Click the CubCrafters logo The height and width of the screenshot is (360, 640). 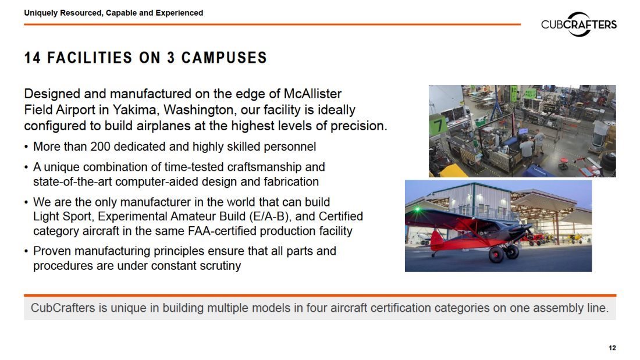pyautogui.click(x=579, y=24)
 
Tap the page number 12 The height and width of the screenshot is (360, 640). pyautogui.click(x=612, y=348)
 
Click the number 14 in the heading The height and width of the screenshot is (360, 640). pyautogui.click(x=32, y=58)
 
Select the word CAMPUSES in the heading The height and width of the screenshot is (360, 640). pyautogui.click(x=224, y=58)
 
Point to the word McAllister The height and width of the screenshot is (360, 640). pyautogui.click(x=312, y=94)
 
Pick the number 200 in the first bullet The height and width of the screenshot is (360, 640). pyautogui.click(x=101, y=147)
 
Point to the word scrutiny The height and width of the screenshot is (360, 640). pyautogui.click(x=221, y=266)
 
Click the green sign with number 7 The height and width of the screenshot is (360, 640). pyautogui.click(x=438, y=124)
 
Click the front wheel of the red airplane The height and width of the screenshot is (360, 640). pyautogui.click(x=497, y=255)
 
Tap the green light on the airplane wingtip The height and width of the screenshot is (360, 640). pyautogui.click(x=417, y=209)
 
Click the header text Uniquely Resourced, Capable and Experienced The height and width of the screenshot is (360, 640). pyautogui.click(x=113, y=13)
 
